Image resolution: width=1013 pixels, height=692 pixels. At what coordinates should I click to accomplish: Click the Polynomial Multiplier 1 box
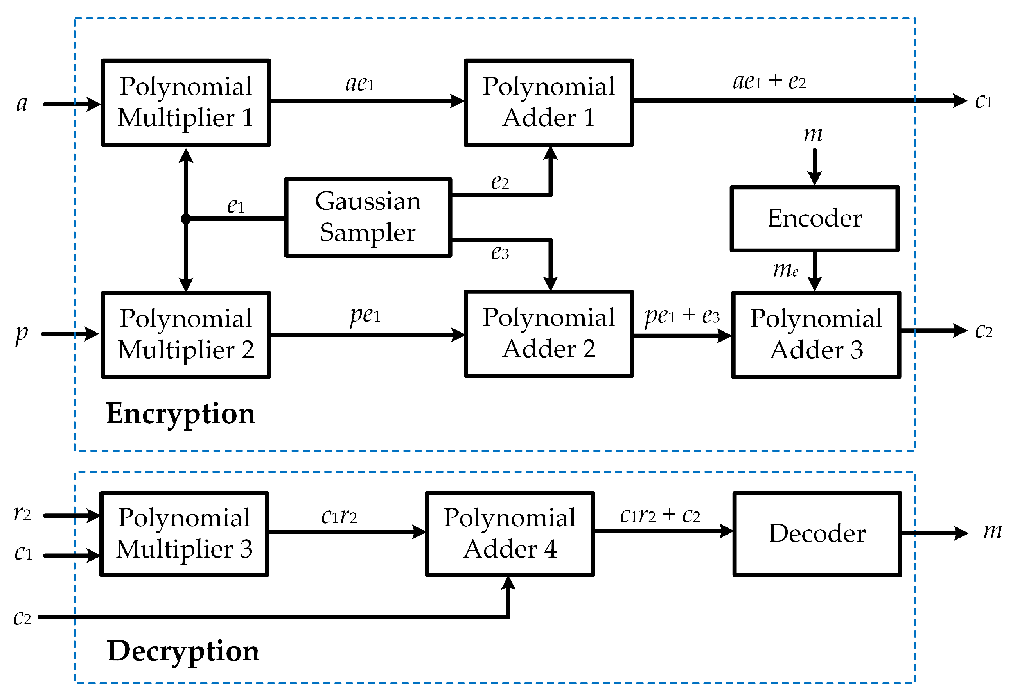(x=186, y=102)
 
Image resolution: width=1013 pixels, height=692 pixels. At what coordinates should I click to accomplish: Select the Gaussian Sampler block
(x=368, y=217)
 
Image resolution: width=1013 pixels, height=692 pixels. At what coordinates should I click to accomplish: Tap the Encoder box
(x=814, y=218)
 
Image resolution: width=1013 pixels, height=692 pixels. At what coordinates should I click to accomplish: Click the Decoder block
(x=817, y=533)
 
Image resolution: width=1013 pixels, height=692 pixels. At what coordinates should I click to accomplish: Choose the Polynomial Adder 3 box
(x=816, y=334)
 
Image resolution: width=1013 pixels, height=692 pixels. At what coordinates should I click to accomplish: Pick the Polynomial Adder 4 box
(x=510, y=533)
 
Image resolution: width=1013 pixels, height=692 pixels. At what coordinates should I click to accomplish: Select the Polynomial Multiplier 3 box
(x=184, y=533)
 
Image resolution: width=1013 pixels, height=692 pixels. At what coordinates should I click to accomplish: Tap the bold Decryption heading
(x=183, y=651)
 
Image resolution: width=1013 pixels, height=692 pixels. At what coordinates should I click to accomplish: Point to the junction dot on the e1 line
(x=186, y=218)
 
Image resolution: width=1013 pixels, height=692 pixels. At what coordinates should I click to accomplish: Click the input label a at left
(x=22, y=104)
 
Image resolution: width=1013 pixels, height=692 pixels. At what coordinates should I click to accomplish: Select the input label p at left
(x=22, y=334)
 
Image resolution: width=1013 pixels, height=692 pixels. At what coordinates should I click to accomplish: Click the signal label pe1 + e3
(x=682, y=315)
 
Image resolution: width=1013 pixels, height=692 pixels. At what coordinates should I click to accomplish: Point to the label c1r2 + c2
(x=660, y=515)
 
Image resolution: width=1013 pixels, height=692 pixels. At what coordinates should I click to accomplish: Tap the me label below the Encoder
(x=785, y=270)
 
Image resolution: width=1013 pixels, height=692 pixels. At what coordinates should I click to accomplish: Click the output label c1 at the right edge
(x=983, y=101)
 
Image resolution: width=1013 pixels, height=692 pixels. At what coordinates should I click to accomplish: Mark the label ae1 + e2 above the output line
(x=769, y=81)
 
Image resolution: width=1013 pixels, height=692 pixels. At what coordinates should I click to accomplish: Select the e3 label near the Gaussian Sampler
(x=499, y=252)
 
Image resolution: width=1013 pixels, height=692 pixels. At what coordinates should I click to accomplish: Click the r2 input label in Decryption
(x=22, y=513)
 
